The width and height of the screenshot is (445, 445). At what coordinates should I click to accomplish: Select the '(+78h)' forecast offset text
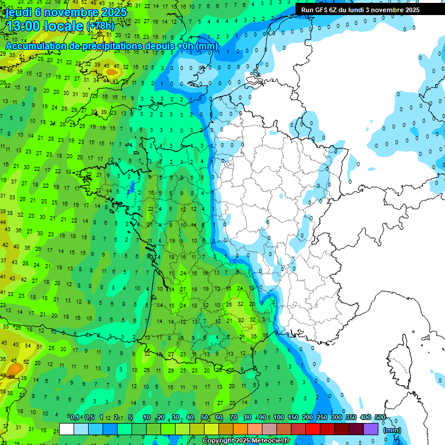click(x=100, y=26)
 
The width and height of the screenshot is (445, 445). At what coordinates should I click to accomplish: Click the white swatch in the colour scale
click(x=67, y=429)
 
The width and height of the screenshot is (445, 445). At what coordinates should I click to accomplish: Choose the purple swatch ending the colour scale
click(x=371, y=429)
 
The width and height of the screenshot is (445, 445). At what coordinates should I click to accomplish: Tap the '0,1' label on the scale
click(x=75, y=417)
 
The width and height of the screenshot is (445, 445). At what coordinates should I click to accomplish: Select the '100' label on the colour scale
click(x=278, y=417)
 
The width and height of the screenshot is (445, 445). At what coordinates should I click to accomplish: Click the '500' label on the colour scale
click(x=380, y=417)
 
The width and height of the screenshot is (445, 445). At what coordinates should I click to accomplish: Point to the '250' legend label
click(x=322, y=417)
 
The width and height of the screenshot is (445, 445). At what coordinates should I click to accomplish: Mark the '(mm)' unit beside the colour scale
click(x=392, y=430)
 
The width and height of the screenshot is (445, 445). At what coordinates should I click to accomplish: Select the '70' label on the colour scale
click(x=234, y=417)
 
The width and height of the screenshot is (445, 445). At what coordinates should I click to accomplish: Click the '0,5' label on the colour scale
click(x=89, y=417)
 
